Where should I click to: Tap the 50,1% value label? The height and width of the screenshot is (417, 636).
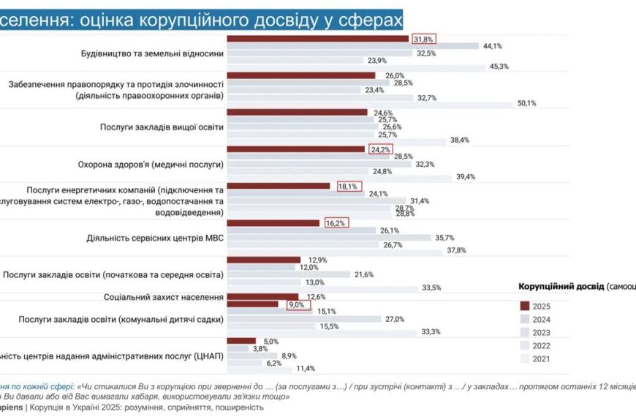[527, 104]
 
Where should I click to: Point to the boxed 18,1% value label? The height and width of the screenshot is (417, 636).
[347, 187]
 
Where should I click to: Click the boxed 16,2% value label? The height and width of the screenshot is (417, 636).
[336, 223]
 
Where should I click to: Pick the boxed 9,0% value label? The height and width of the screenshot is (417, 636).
[295, 304]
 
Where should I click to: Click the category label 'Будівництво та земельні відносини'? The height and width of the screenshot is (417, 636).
[152, 53]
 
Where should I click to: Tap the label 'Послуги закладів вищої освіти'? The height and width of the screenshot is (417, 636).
[162, 127]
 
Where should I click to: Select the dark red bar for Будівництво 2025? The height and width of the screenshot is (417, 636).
[318, 38]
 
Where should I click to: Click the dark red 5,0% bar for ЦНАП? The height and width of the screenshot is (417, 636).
[242, 341]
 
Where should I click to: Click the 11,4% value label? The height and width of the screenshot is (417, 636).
[305, 369]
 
